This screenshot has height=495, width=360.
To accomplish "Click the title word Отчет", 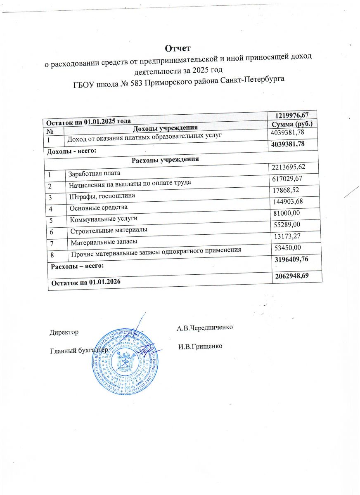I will (178, 48).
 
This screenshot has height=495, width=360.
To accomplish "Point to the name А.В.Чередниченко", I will (205, 327).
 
